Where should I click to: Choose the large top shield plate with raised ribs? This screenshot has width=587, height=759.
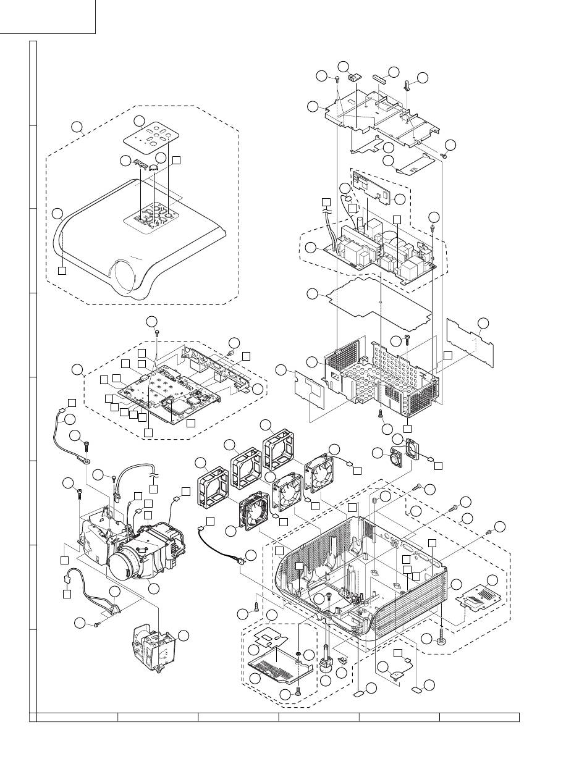tap(383, 114)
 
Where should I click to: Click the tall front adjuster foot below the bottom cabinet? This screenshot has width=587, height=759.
tap(327, 665)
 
